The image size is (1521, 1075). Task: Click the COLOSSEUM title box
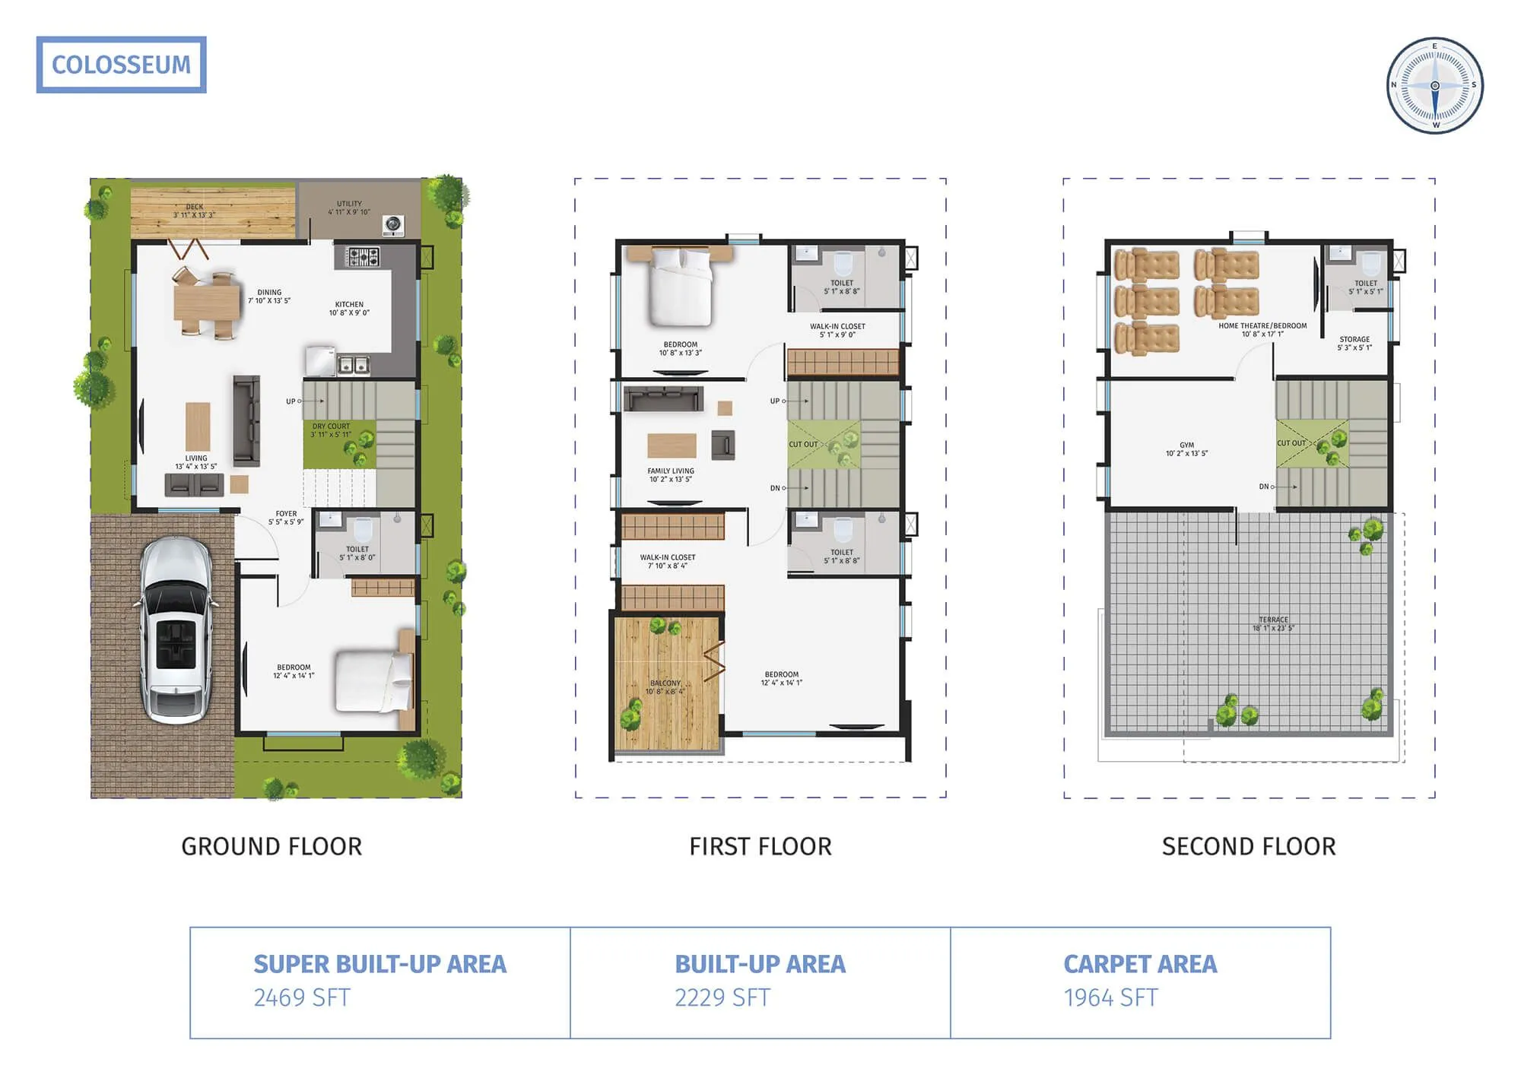click(x=121, y=65)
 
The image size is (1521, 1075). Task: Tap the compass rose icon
click(x=1434, y=85)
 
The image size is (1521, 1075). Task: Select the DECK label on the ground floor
click(x=195, y=207)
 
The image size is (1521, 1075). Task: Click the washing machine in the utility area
click(x=393, y=224)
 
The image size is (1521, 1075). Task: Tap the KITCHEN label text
click(x=349, y=304)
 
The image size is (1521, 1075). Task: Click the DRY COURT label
click(x=331, y=427)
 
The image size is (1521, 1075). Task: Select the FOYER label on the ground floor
click(x=286, y=514)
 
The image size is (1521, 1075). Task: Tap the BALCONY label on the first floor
click(x=665, y=683)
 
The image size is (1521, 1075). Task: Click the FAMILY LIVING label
click(x=670, y=471)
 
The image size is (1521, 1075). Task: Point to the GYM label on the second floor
click(x=1186, y=446)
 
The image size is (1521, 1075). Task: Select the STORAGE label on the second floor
click(x=1354, y=340)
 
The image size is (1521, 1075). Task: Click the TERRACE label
click(x=1273, y=620)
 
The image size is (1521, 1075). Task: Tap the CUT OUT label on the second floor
click(x=1291, y=443)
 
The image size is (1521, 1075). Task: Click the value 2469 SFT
click(x=302, y=997)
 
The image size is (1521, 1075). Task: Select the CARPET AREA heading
click(x=1140, y=964)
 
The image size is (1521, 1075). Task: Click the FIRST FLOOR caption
click(x=760, y=846)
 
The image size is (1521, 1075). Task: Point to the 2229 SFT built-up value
click(x=722, y=997)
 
